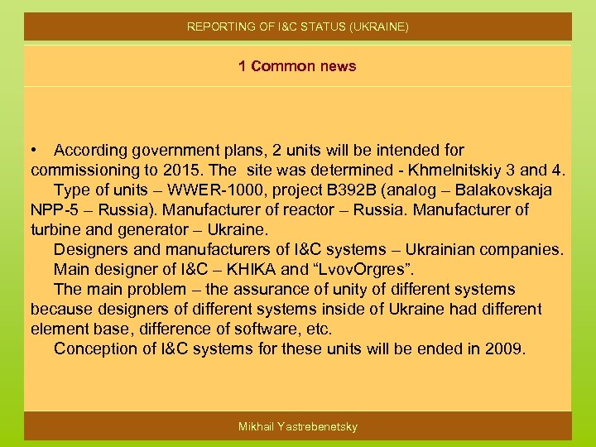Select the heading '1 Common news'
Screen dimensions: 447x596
(x=297, y=66)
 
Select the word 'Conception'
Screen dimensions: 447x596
(x=92, y=349)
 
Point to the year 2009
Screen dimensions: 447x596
(x=503, y=349)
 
